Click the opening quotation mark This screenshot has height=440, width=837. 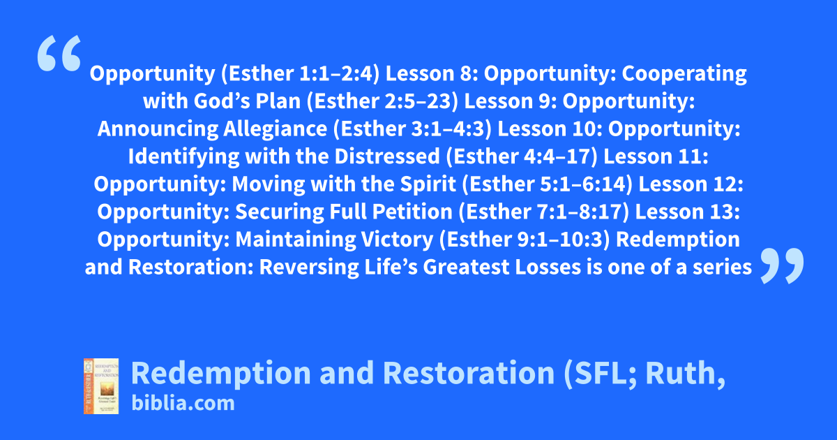click(59, 53)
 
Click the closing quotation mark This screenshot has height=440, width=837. click(782, 265)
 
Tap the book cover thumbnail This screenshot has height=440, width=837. click(101, 386)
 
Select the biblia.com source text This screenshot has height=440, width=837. click(183, 404)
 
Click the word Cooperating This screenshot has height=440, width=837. click(684, 74)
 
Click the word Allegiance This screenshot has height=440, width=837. click(276, 129)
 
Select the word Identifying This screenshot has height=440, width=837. click(184, 156)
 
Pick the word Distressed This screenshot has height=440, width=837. click(387, 156)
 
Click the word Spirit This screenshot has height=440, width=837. click(428, 184)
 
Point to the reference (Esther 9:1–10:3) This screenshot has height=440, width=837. click(525, 240)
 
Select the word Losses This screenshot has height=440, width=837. click(548, 267)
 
